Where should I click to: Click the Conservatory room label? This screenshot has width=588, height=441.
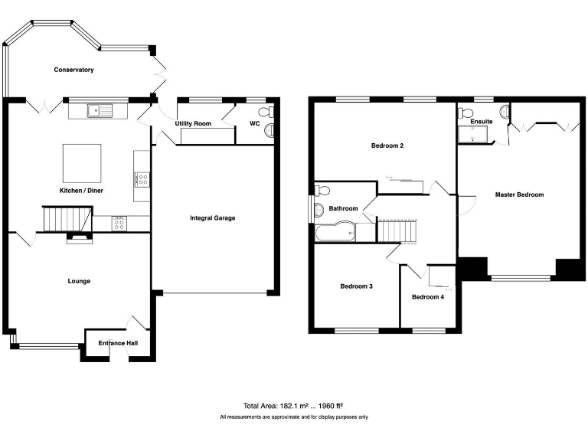click(x=73, y=70)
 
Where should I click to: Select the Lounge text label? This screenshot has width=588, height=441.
click(x=79, y=281)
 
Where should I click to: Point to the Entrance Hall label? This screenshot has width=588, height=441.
click(x=118, y=343)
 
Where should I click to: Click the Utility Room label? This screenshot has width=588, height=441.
click(x=193, y=123)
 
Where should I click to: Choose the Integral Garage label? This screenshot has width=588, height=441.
click(x=213, y=218)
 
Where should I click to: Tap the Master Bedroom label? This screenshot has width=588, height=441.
click(x=519, y=194)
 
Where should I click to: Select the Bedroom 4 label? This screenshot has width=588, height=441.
click(x=427, y=297)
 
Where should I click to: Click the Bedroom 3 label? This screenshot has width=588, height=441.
click(x=356, y=286)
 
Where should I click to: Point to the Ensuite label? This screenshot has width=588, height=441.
click(x=482, y=122)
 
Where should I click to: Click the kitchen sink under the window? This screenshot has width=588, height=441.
click(x=100, y=110)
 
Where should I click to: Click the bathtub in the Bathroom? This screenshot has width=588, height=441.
click(x=335, y=231)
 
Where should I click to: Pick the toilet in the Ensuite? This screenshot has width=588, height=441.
click(x=467, y=113)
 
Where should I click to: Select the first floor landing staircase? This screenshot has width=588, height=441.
click(x=397, y=230)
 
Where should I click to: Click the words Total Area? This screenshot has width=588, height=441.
click(x=260, y=406)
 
